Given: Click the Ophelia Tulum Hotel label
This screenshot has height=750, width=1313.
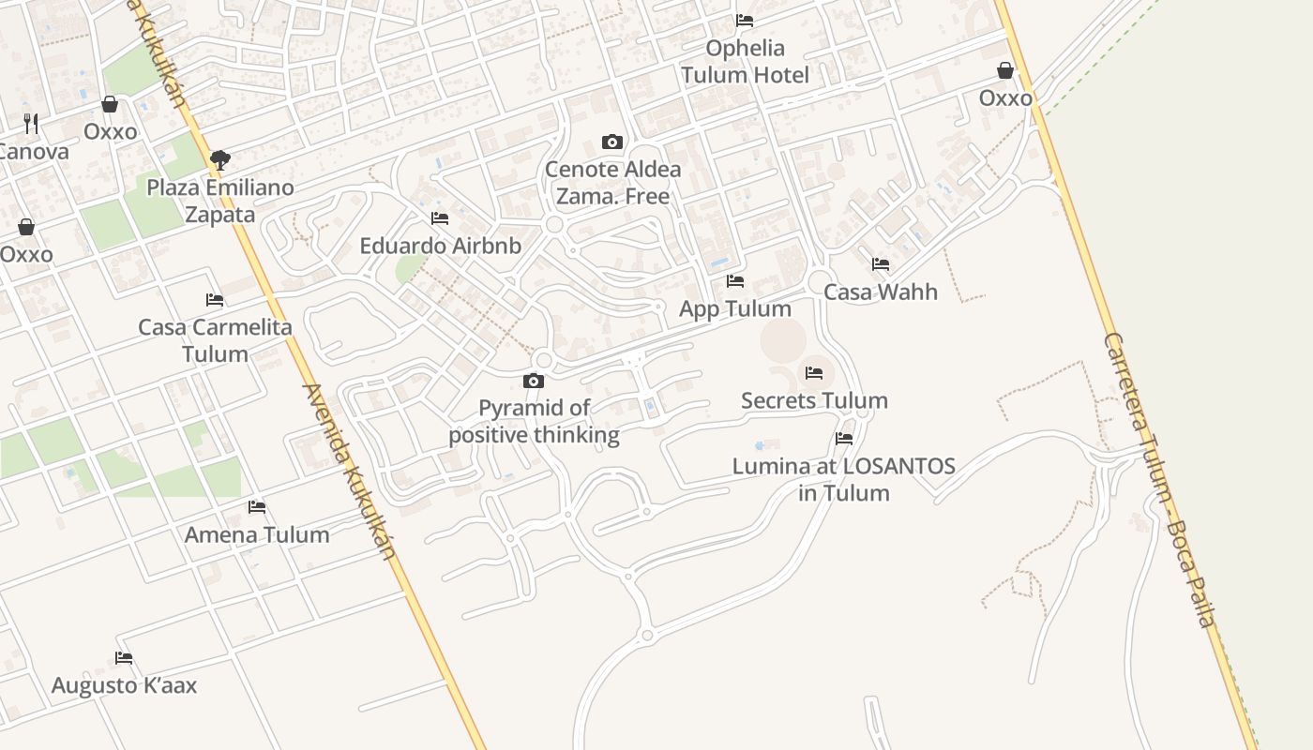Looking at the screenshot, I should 745,61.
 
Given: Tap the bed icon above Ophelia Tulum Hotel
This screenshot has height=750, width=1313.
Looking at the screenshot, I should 745,20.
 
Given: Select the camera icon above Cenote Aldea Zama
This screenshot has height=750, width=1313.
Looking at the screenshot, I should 612,142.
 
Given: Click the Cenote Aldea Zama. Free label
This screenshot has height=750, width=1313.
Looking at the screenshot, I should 612,183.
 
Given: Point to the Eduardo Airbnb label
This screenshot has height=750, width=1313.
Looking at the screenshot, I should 440,246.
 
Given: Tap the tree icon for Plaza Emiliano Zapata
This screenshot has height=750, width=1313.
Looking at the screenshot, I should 220,160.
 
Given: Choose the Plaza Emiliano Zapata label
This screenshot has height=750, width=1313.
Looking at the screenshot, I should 220,201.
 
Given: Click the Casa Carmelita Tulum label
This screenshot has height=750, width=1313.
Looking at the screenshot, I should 215,340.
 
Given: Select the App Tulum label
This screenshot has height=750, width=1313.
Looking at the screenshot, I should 735,308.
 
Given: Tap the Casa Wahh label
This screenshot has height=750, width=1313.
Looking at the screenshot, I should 881,292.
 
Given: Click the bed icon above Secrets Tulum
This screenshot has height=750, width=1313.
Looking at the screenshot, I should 814,372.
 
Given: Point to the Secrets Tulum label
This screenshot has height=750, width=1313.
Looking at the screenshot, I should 814,400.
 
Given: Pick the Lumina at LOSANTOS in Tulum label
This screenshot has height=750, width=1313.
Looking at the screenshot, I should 844,479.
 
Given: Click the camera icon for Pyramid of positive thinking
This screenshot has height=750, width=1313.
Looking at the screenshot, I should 534,381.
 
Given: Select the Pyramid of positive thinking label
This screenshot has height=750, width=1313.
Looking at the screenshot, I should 534,421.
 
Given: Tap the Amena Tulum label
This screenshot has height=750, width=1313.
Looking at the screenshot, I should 257,534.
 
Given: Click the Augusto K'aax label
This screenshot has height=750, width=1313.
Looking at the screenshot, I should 124,684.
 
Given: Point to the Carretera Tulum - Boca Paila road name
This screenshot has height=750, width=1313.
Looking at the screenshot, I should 1159,478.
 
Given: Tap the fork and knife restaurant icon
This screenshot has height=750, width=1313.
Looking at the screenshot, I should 31,123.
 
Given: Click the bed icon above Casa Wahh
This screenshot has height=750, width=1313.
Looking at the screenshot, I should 881,264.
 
